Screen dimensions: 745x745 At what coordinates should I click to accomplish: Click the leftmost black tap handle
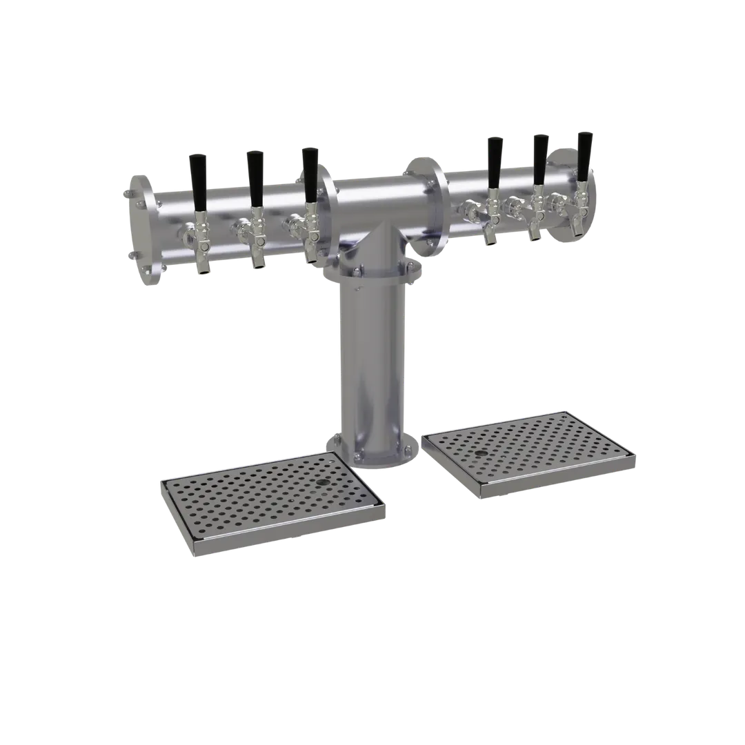[198, 181]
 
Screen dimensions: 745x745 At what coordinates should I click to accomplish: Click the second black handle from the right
[539, 163]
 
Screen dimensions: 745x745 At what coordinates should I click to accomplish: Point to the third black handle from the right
[494, 164]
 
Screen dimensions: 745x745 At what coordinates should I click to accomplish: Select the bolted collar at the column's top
[371, 272]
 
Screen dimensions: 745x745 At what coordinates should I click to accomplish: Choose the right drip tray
[528, 452]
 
